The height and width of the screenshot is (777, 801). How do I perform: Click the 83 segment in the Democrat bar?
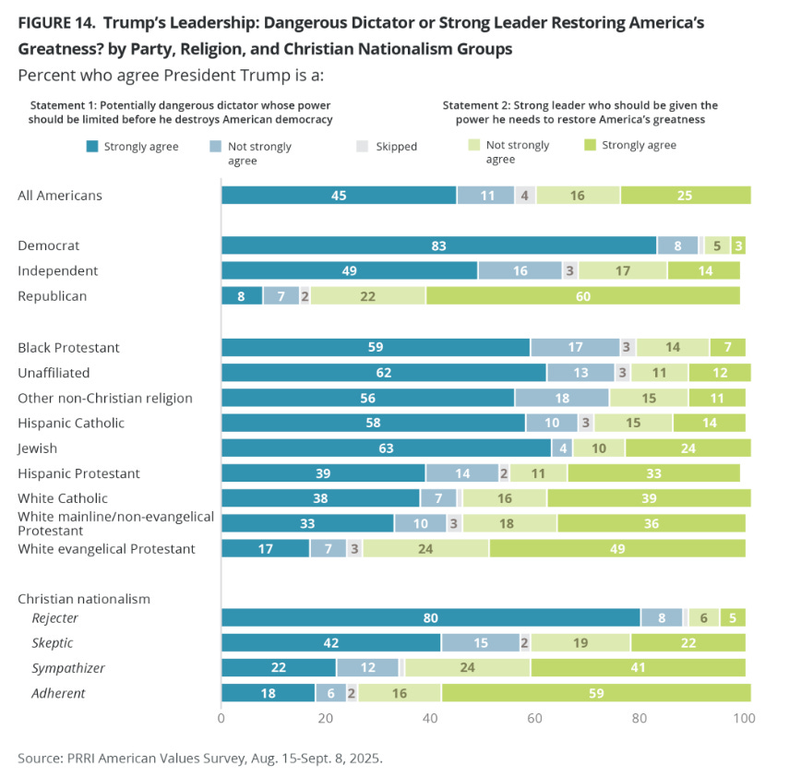point(438,245)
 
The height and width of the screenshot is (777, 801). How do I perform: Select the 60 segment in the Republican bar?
point(583,296)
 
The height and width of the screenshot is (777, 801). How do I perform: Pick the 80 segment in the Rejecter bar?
point(430,617)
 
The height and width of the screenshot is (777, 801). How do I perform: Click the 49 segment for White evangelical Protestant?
point(617,549)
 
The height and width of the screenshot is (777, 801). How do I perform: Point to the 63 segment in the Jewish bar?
point(386,448)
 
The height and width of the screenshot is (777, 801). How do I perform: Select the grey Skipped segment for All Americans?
point(525,195)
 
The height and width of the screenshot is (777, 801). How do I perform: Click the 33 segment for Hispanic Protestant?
point(653,473)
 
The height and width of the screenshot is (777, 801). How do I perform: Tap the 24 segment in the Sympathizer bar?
point(468,668)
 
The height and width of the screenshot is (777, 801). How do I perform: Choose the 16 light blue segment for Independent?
point(520,271)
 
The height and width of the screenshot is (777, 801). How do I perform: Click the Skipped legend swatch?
point(361,146)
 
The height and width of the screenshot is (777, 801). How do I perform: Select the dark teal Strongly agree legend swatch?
point(92,146)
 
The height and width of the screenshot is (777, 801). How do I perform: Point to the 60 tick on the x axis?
point(534,718)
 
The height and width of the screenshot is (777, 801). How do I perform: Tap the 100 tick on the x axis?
point(744,718)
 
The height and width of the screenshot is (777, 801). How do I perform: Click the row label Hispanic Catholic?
point(71,423)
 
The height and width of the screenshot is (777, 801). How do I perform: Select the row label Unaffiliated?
point(55,373)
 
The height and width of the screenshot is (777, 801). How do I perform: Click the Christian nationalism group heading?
point(84,599)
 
